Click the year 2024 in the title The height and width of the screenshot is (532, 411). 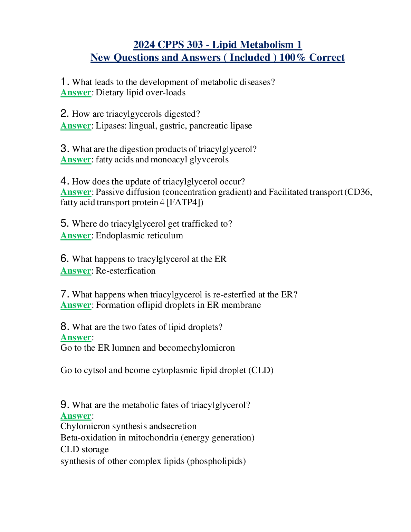[x=144, y=45]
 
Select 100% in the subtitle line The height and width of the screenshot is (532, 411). [x=293, y=57]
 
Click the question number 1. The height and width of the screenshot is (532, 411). [x=64, y=82]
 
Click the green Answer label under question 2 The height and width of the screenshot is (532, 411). [x=76, y=126]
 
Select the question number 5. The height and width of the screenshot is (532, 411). [x=64, y=224]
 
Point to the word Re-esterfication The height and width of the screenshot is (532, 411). [x=125, y=271]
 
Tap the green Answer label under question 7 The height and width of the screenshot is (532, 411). [x=76, y=305]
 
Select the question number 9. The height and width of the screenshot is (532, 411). [x=64, y=405]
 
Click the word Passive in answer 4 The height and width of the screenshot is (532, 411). [x=109, y=192]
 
